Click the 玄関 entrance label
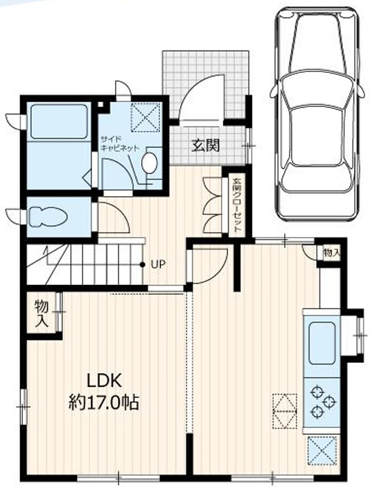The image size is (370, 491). coord(206,146)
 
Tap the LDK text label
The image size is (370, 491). coord(104,381)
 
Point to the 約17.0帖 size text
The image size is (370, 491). coord(104,402)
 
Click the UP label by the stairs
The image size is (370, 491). coord(158,265)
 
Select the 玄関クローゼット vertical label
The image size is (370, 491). coord(237,205)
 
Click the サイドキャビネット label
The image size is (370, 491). coord(119,144)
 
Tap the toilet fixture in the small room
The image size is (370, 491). coord(48,216)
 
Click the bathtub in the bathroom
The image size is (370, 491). coord(59,121)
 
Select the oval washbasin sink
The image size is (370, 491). coord(149,163)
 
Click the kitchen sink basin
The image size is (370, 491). coord(321,343)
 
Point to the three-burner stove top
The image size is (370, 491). coord(321,402)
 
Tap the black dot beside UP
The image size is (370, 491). coord(142,265)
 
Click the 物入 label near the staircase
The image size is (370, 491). coord(42,313)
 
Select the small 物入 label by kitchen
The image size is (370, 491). coord(331,253)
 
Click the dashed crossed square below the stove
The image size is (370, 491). coord(322,450)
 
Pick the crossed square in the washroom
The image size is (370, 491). coord(145,116)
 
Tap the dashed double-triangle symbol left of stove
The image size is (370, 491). coord(285,411)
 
